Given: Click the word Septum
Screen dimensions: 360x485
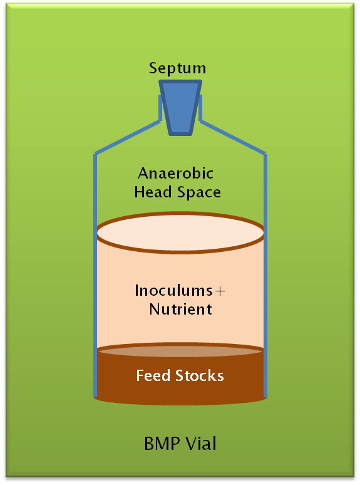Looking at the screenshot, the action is (177, 68).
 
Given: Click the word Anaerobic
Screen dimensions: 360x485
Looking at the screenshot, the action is (175, 173).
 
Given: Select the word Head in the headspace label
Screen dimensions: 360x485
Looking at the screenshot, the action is (153, 192).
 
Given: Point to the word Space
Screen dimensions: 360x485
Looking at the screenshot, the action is (199, 193).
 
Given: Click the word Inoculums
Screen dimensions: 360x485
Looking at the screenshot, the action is (173, 291).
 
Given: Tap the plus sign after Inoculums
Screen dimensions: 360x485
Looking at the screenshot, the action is (220, 291).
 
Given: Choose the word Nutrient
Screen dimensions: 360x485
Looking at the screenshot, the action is (180, 309).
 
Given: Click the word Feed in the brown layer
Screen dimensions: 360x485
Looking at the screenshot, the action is (153, 375).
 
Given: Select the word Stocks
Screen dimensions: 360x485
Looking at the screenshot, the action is (199, 375).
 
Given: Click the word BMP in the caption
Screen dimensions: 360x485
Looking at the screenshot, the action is (162, 443).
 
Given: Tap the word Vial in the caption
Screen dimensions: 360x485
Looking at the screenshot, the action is (201, 443).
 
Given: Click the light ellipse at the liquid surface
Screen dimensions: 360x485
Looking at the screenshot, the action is (180, 232).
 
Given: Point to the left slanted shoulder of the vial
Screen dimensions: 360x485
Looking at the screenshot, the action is (128, 137).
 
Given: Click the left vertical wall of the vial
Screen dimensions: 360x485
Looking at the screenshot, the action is (95, 275).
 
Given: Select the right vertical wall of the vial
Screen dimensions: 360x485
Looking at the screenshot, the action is (265, 275).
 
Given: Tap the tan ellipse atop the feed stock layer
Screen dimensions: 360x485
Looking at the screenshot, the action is (180, 351).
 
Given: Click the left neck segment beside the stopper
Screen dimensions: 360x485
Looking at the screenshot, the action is (160, 108).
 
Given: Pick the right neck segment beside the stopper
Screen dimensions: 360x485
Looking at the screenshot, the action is (200, 108).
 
